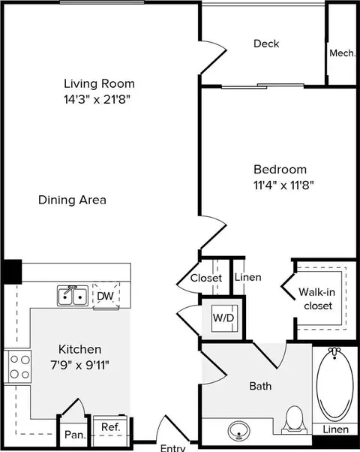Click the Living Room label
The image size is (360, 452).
(99, 84)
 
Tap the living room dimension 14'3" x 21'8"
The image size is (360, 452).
(97, 100)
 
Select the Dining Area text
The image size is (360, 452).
(72, 200)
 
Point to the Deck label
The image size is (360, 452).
(266, 44)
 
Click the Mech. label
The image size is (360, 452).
(343, 53)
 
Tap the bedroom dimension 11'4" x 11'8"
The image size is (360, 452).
(283, 185)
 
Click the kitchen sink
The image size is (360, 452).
(73, 296)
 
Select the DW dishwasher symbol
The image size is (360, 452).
(106, 296)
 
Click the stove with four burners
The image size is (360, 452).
(18, 366)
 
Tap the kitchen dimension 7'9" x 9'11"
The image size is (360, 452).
(80, 366)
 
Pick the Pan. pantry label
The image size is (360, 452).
(76, 435)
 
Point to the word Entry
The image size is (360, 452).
(172, 448)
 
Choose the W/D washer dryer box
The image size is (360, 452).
(223, 318)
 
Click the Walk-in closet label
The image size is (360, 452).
(317, 299)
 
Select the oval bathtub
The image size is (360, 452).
(335, 385)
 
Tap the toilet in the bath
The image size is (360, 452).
(294, 420)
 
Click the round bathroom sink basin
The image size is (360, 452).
(239, 431)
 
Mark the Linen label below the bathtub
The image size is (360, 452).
(336, 429)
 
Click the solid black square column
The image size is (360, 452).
(12, 272)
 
